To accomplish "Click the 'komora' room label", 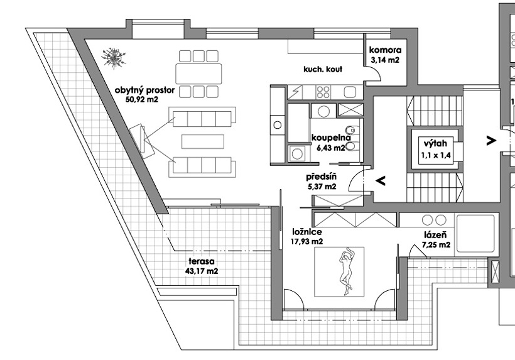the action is tap(385, 50).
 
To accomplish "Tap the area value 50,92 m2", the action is tap(142, 99).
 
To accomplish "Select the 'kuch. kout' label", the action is tap(323, 69).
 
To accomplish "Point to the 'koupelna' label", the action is tap(328, 138).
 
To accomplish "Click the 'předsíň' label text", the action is tap(321, 177).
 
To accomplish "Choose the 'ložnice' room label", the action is tap(307, 232).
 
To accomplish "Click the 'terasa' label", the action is tap(202, 261).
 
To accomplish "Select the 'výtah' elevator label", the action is tap(435, 143).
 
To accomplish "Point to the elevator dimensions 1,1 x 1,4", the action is tap(436, 155).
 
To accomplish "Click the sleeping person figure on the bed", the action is tap(345, 272).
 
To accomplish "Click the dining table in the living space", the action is tap(198, 74).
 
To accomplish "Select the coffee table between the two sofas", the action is tap(203, 141).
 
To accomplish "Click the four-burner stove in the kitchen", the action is tap(323, 92).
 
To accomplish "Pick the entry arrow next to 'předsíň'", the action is tap(381, 180).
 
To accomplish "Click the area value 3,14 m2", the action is tap(385, 60).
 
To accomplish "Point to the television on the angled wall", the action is tap(142, 141).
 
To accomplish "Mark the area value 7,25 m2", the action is tap(436, 244).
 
